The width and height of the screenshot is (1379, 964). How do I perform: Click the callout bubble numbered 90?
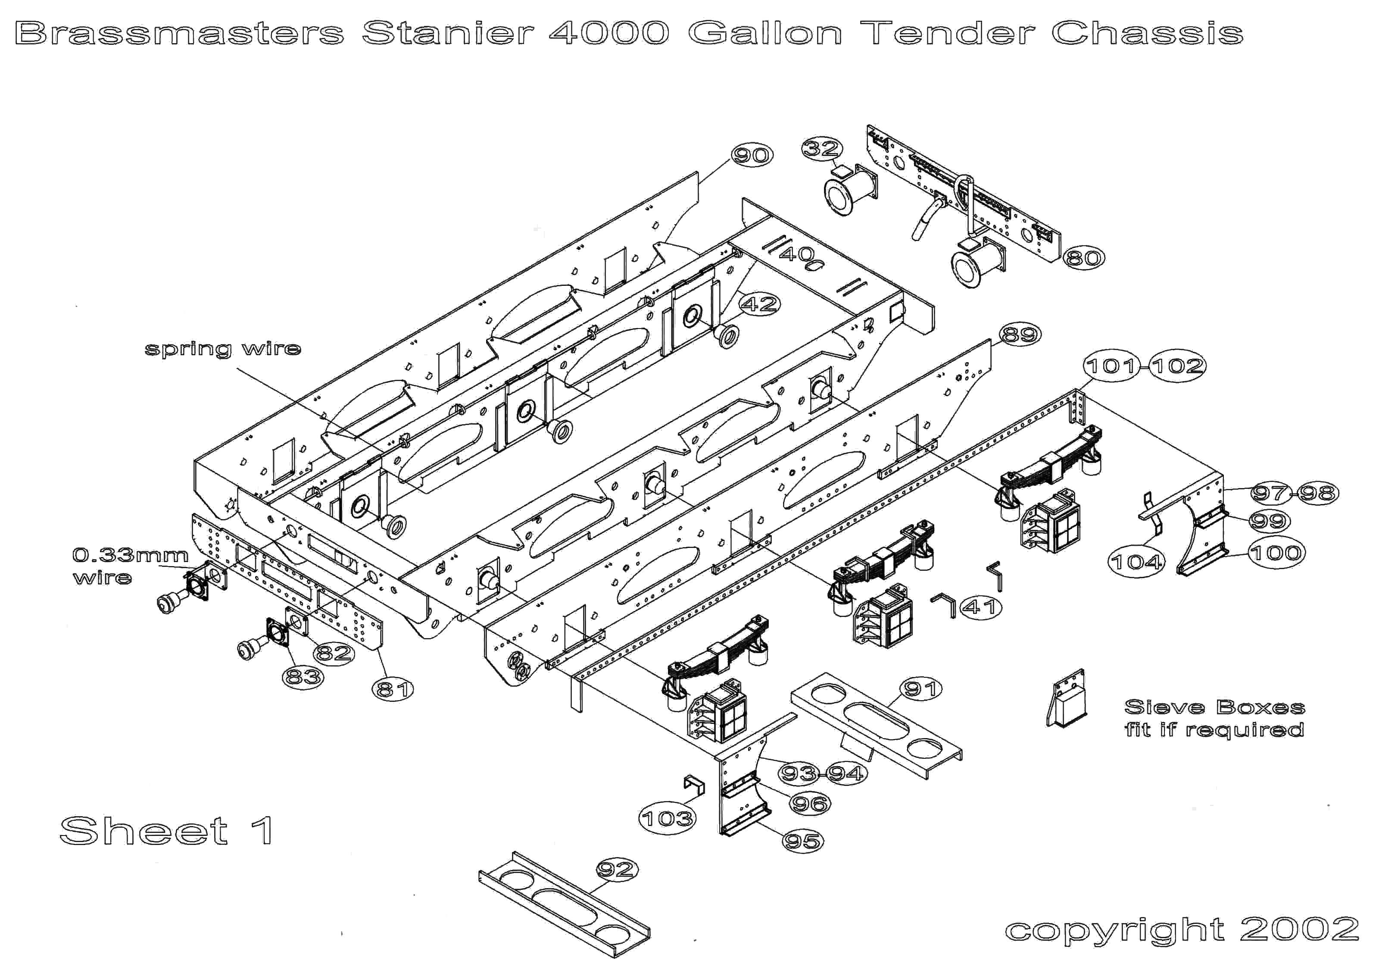point(752,156)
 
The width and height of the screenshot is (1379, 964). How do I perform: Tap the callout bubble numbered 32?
point(822,148)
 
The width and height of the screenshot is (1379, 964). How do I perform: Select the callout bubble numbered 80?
point(1084,258)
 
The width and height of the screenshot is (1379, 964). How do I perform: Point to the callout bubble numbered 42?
point(760,304)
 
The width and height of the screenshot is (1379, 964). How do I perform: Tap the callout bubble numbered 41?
point(981,607)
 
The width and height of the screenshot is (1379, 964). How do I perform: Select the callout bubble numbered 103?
point(667,818)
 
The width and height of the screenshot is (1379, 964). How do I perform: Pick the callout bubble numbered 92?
point(617,870)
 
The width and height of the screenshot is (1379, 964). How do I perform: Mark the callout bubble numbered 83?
point(303,677)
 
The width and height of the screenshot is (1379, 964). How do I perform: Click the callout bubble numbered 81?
point(393,689)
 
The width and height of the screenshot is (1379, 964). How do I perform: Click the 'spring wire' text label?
point(223,349)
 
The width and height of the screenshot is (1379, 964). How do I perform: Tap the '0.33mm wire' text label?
point(130,566)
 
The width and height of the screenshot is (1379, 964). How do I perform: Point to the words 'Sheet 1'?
point(168,831)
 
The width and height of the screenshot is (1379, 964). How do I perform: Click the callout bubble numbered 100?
point(1276,553)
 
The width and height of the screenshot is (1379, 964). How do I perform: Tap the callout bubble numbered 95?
point(802,841)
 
